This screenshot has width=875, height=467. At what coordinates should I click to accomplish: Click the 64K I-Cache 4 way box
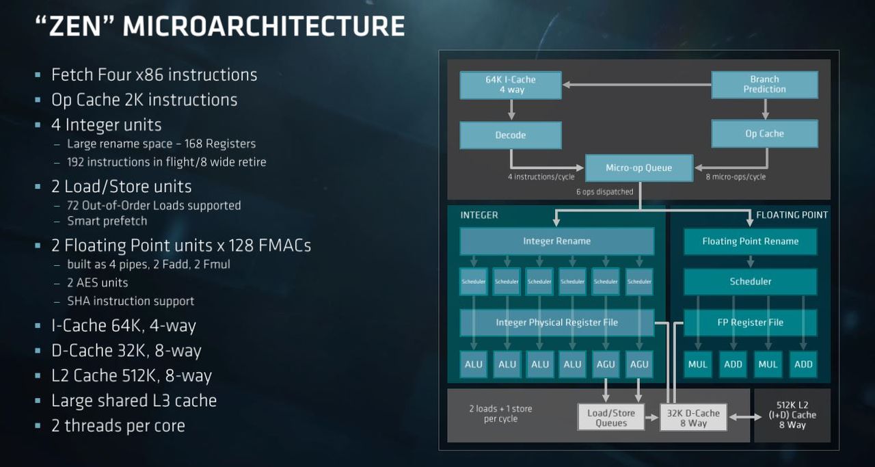coord(511,85)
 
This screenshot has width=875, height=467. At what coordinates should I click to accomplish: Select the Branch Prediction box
coord(764,84)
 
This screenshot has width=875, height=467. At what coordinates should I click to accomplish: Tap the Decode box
coord(511,135)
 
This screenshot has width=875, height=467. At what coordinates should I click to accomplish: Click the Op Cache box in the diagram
coord(764,133)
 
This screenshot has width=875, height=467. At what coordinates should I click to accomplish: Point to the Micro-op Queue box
coord(639,168)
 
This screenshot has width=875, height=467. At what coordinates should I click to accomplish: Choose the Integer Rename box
coord(556,241)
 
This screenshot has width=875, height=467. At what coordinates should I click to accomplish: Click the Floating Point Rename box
coord(750,241)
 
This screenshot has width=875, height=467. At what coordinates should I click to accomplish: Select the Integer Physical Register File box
coord(556,323)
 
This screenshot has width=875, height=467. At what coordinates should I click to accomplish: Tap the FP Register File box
coord(750,323)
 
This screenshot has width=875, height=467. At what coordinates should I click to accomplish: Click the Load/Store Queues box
coord(611,417)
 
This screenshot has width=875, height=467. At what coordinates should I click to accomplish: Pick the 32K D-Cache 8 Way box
coord(693,417)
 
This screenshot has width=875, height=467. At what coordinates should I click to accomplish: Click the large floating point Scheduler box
coord(750,282)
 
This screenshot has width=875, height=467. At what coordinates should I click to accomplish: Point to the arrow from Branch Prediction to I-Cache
coord(636,84)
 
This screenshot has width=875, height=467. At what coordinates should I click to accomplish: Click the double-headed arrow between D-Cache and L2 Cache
coord(745,417)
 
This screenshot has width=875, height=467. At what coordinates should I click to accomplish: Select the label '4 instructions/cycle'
coord(541,177)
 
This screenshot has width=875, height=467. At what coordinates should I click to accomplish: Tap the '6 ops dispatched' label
coord(605,192)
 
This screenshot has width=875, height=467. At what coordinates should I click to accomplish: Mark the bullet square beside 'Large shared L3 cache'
coord(38,401)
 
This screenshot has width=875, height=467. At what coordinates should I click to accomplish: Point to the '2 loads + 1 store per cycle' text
coord(501,414)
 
